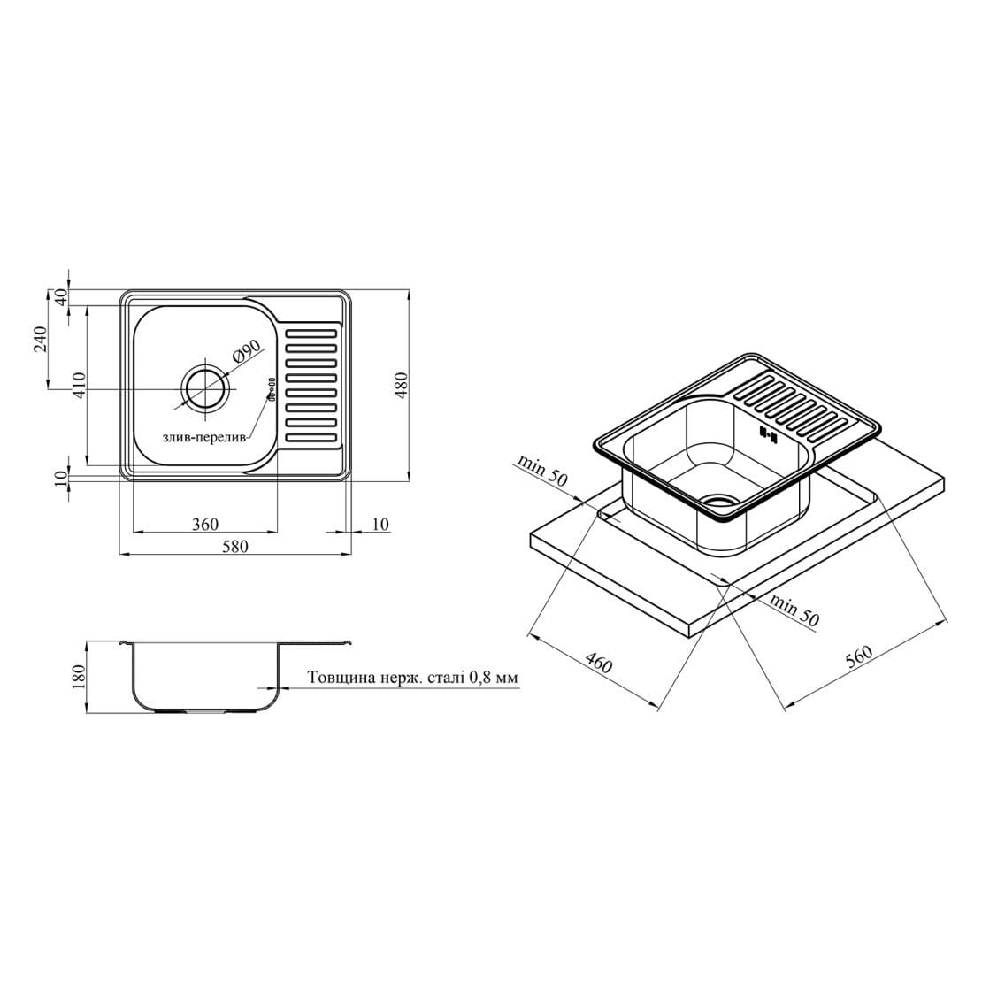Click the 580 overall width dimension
234,546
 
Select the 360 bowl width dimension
205,524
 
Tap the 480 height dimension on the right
402,386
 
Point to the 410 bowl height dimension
78,386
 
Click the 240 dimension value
40,339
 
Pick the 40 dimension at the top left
61,297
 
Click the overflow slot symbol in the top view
272,387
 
